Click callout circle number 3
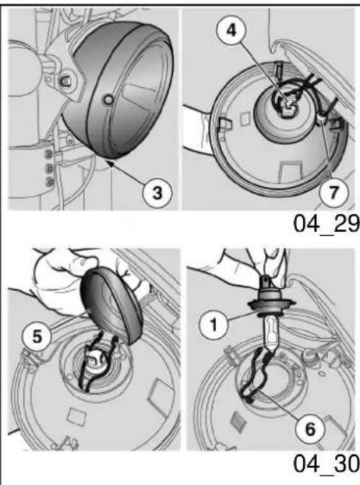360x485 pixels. (157, 193)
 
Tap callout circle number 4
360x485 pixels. (231, 30)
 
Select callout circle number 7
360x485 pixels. (334, 192)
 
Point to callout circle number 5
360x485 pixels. (37, 336)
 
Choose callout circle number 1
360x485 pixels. (214, 325)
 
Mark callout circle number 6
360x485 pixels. (309, 429)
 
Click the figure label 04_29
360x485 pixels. (326, 223)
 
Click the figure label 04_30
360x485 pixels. (326, 463)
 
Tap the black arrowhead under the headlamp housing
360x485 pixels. (110, 163)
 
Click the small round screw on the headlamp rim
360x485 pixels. (108, 100)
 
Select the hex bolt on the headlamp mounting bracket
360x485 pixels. (65, 81)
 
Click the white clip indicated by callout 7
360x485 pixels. (321, 118)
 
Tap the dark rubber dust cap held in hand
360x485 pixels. (111, 304)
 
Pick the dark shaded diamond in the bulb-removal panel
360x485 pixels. (238, 420)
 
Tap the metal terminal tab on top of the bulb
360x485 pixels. (266, 281)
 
